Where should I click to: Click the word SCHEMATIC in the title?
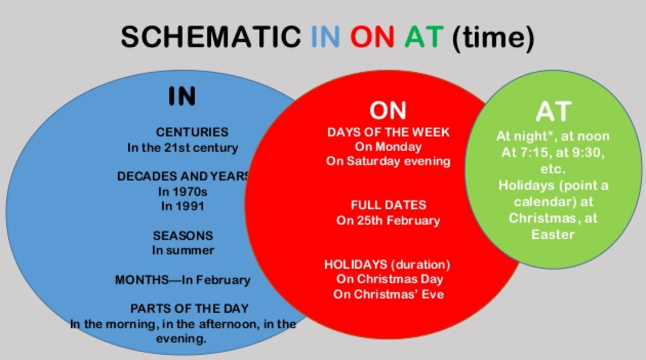[x=211, y=37]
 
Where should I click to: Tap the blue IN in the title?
[x=326, y=37]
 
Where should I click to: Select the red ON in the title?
[x=372, y=37]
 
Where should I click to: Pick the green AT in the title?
[x=424, y=37]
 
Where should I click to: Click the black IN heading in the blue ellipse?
[x=183, y=96]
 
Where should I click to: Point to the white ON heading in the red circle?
[x=388, y=110]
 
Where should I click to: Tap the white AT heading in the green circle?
[x=553, y=112]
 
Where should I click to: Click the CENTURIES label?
[x=192, y=132]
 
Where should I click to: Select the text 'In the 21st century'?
[x=183, y=148]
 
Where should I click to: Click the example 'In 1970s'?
[x=183, y=192]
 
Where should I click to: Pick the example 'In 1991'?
[x=183, y=206]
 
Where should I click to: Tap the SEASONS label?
[x=183, y=236]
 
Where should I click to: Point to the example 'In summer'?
[x=183, y=250]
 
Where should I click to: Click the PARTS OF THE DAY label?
[x=190, y=309]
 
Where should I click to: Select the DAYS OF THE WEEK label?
[x=388, y=132]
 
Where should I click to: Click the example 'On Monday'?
[x=388, y=147]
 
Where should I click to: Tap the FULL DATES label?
[x=388, y=205]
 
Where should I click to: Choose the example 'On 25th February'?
[x=388, y=221]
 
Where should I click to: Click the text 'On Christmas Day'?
[x=390, y=279]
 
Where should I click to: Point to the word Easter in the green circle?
[x=553, y=234]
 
